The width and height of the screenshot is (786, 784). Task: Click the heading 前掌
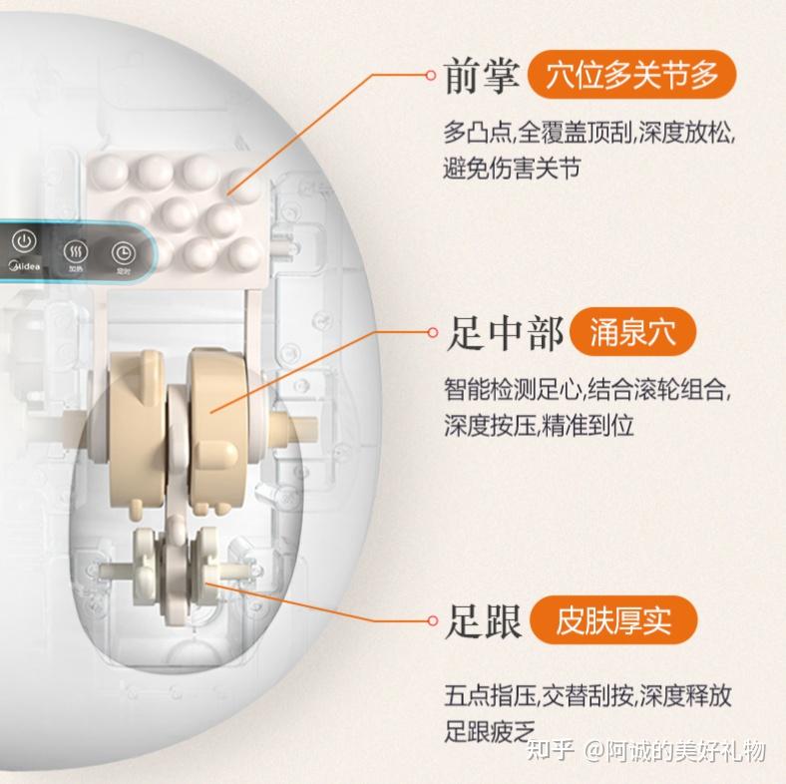click(x=481, y=76)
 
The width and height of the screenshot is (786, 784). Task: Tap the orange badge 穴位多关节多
click(x=631, y=75)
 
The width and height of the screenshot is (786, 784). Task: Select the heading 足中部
click(x=505, y=333)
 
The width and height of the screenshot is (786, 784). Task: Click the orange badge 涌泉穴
click(x=633, y=332)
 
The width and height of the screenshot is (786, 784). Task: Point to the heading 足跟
click(x=483, y=621)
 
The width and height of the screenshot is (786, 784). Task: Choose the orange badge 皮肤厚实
click(x=613, y=620)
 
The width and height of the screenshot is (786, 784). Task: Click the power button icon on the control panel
click(x=24, y=242)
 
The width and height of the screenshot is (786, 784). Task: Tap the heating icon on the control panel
click(x=76, y=250)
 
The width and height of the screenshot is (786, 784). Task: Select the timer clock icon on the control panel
click(x=123, y=252)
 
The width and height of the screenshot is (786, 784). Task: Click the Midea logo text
click(x=25, y=265)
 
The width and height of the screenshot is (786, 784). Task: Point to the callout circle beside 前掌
click(x=431, y=75)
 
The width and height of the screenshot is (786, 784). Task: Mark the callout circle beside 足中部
click(x=433, y=332)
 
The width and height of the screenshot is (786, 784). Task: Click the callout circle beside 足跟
click(x=433, y=620)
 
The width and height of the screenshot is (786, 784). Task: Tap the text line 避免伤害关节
click(x=512, y=168)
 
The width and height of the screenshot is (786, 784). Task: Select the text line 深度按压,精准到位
click(x=539, y=425)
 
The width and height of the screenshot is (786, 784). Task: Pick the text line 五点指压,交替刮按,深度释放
click(x=588, y=696)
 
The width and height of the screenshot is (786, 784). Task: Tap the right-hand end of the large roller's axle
click(x=315, y=430)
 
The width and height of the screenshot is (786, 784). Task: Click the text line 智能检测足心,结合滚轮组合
click(x=587, y=389)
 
